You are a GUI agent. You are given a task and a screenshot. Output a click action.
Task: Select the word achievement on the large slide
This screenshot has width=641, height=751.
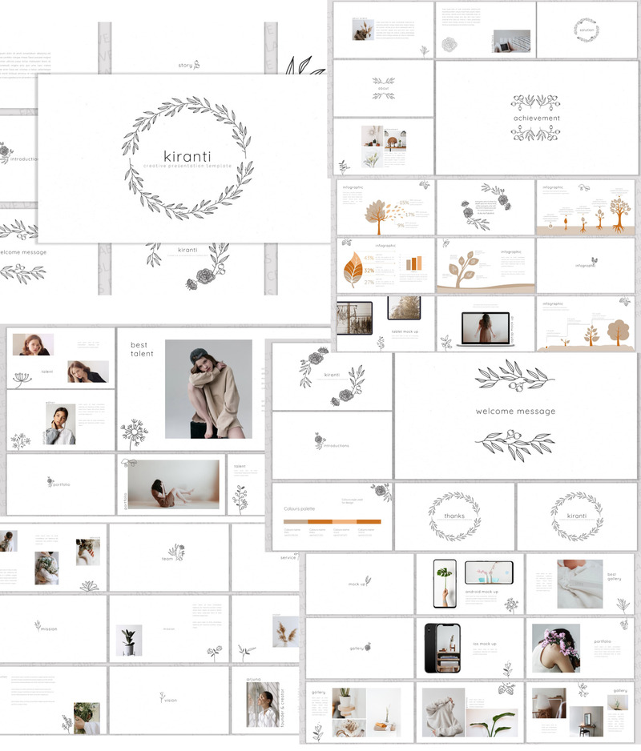coord(537,118)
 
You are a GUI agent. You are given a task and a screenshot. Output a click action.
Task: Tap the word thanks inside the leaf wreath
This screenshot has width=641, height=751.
coord(454,516)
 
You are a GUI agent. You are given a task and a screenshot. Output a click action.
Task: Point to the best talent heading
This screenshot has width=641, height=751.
coord(141,349)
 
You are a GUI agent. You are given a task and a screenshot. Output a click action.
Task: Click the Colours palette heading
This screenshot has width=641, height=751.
coord(302,508)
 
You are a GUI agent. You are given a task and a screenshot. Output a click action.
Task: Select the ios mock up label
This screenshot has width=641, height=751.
coord(482,644)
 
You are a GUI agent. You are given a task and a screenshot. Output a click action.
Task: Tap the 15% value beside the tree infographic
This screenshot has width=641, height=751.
coord(404,203)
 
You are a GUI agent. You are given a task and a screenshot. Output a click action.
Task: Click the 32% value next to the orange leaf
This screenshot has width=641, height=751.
coord(369,271)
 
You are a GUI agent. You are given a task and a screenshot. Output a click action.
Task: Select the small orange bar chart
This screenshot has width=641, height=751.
coord(413,263)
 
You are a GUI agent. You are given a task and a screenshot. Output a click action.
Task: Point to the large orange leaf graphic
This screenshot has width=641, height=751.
coord(352,271)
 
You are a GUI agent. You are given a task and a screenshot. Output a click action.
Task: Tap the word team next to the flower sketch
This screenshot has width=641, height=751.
coord(167,559)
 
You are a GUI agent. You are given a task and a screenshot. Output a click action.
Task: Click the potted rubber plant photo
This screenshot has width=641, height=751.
coord(129,641)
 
